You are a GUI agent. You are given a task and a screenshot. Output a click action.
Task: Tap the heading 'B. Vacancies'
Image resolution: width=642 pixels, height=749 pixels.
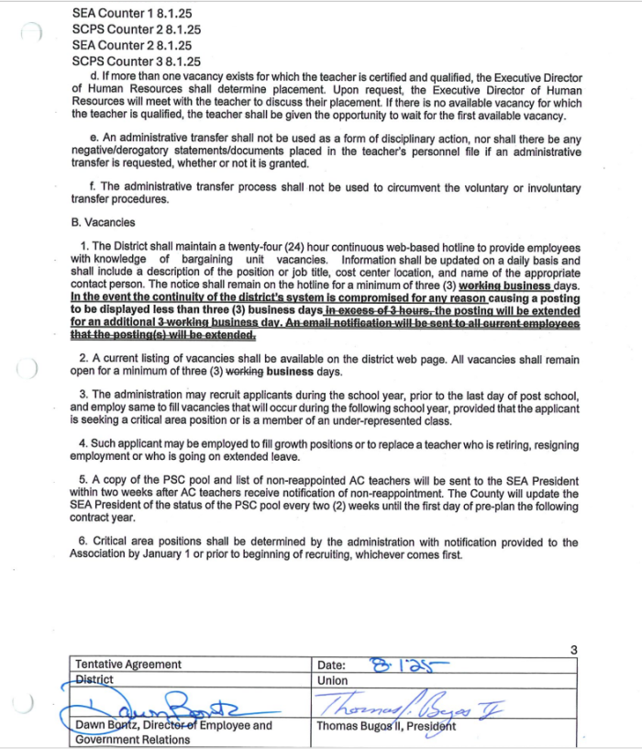103,223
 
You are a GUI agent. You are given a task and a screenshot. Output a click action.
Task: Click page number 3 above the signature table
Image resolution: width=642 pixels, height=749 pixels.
573,650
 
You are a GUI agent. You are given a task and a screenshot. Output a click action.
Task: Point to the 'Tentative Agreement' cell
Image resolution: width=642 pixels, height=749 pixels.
128,665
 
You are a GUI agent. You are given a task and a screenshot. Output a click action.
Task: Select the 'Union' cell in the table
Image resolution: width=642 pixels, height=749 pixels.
332,680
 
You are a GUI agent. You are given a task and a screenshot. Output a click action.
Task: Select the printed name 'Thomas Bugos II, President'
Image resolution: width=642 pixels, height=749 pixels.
385,726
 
